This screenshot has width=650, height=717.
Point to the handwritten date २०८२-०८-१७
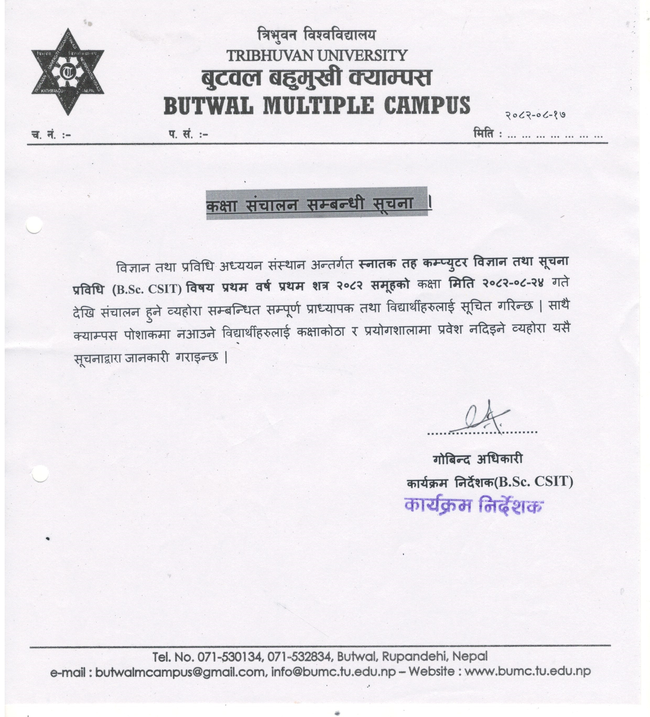[535, 115]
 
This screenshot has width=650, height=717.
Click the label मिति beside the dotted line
[484, 135]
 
